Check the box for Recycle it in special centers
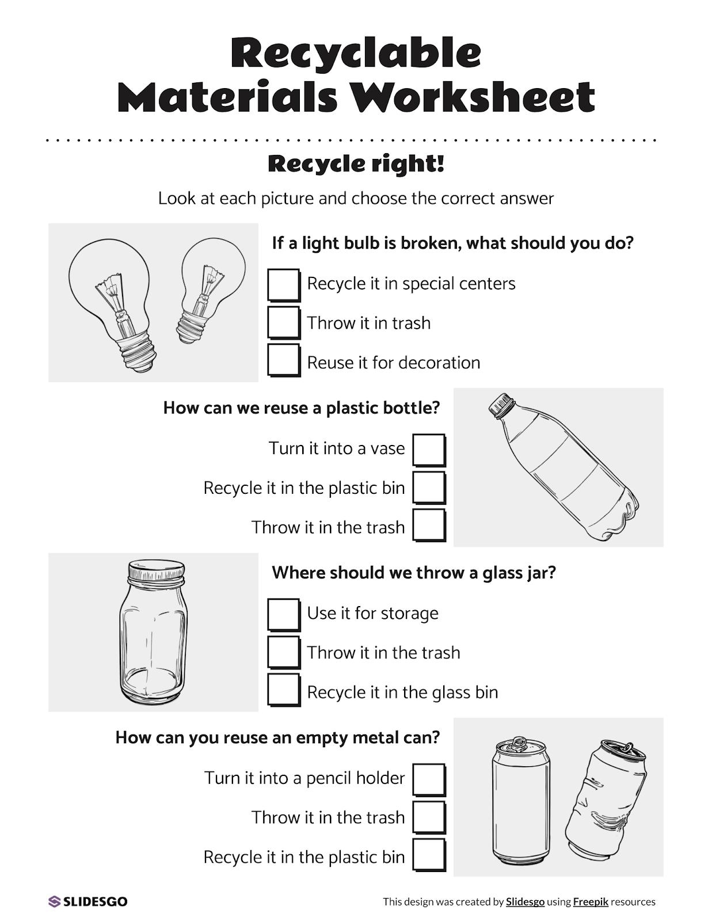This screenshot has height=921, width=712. tap(283, 284)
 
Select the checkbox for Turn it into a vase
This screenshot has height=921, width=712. tap(429, 449)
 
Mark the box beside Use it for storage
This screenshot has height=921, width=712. tap(283, 614)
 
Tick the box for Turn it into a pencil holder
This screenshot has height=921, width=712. tap(429, 779)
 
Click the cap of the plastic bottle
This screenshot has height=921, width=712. tap(500, 405)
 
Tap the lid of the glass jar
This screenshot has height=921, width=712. tap(157, 570)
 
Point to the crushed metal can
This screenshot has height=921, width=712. tap(604, 800)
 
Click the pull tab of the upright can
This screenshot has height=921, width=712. tap(519, 743)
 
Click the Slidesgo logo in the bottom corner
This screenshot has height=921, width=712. tap(87, 901)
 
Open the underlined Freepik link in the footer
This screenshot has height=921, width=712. tap(591, 902)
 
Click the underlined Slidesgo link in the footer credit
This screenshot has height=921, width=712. tap(525, 902)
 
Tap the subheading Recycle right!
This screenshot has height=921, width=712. tap(356, 163)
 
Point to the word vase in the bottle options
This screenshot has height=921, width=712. tap(387, 448)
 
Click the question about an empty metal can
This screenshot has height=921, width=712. tap(277, 737)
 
